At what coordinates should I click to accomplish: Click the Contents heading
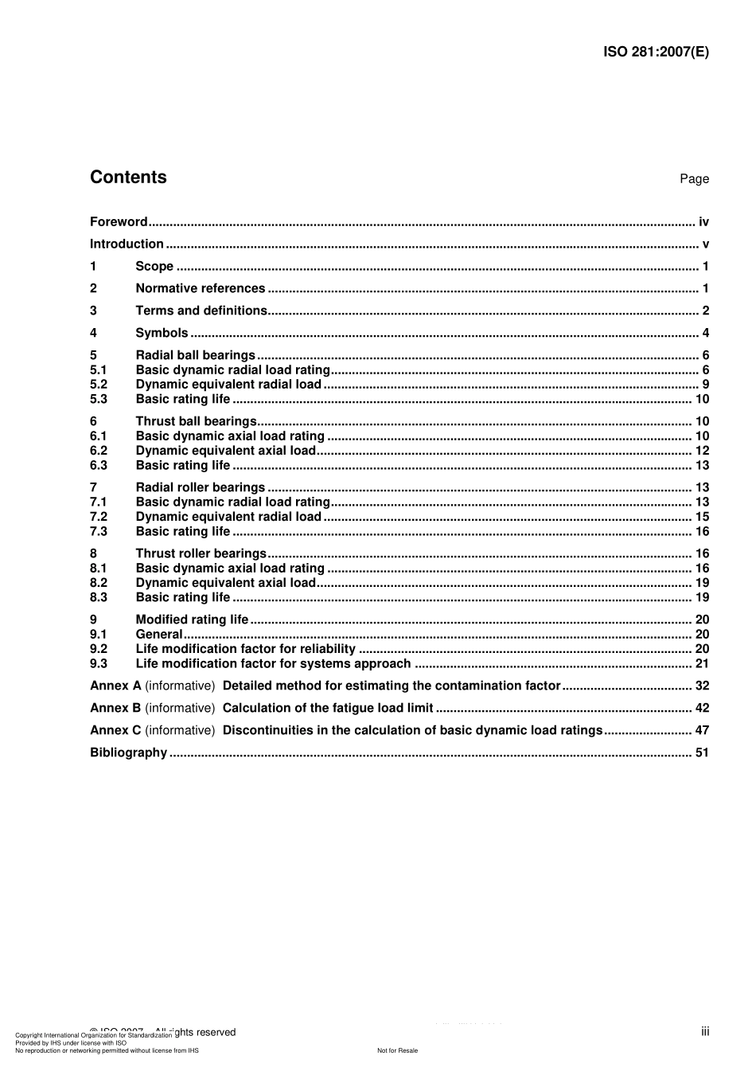pos(128,178)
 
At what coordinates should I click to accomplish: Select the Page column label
pos(694,179)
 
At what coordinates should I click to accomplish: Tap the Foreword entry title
pos(119,222)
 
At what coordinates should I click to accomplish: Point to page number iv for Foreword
pos(703,222)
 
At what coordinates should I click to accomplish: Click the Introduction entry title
pos(127,244)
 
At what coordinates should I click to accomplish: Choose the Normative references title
pos(201,289)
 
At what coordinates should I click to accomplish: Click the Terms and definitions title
pos(201,311)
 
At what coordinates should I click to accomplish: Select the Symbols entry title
pos(162,333)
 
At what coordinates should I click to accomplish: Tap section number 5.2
pos(99,385)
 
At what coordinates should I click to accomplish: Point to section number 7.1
pos(99,502)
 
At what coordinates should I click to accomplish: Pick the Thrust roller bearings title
pos(201,553)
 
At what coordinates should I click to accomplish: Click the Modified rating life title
pos(193,620)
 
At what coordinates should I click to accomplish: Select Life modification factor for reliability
pos(246,649)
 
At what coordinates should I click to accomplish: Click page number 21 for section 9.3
pos(702,664)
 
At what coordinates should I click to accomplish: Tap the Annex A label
pos(115,686)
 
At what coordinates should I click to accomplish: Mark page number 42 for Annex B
pos(702,708)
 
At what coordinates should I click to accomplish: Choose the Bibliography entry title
pos(128,752)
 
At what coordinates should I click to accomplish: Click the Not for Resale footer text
pos(397,1050)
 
